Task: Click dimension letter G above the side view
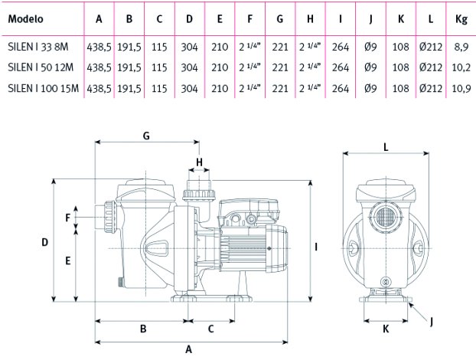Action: [x=146, y=136]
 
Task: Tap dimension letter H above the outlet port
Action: [x=198, y=162]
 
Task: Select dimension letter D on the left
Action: [x=45, y=243]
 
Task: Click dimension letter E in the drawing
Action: [x=67, y=260]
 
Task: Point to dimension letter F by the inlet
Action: [x=67, y=218]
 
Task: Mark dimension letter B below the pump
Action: [x=143, y=329]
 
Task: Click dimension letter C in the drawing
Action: [x=210, y=329]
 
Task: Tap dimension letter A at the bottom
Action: [x=188, y=349]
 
